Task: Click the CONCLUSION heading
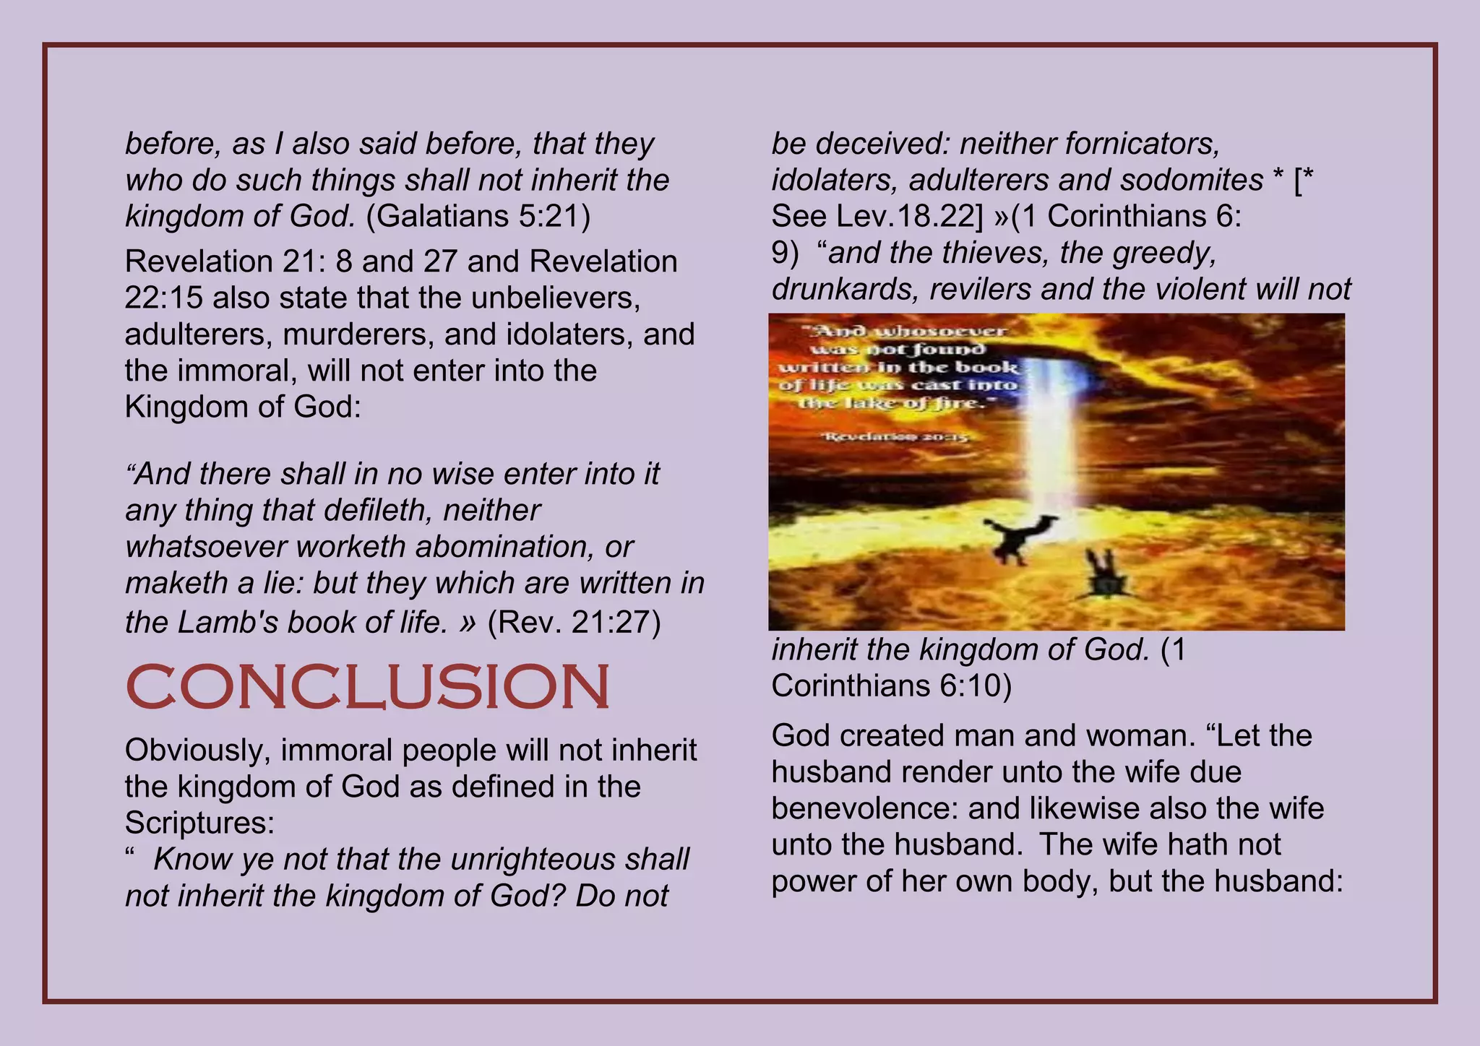[x=368, y=686]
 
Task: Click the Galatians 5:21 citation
[x=478, y=216]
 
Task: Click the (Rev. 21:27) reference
[x=575, y=621]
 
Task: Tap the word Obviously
[x=197, y=751]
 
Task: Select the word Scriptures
[x=195, y=823]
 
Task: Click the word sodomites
[x=1192, y=180]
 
